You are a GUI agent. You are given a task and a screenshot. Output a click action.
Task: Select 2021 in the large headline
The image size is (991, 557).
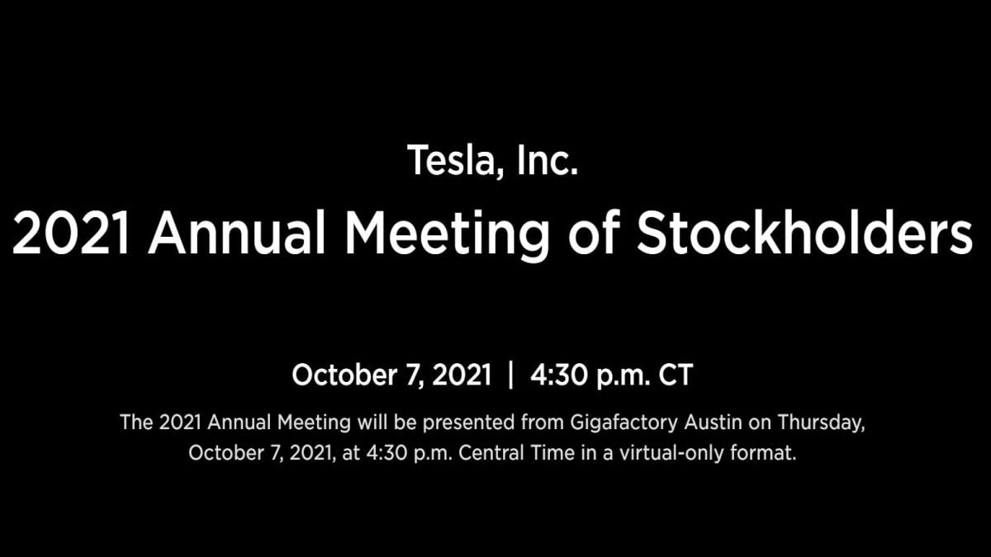[x=71, y=233]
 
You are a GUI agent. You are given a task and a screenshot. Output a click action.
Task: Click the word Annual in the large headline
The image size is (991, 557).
[x=237, y=233]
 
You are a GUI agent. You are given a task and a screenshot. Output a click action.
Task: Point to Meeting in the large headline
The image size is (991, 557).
[x=447, y=236]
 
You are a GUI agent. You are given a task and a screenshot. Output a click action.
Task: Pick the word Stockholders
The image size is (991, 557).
[x=804, y=232]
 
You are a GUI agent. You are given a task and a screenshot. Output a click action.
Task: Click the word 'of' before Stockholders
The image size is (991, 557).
[x=594, y=232]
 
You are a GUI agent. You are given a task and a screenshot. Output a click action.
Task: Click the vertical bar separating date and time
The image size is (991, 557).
[x=511, y=375]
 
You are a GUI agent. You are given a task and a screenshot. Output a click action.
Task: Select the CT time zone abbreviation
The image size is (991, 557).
[x=676, y=375]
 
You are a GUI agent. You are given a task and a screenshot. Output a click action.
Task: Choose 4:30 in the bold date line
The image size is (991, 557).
[x=558, y=375]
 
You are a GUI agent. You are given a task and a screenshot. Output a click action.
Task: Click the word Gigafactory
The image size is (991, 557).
[x=624, y=423]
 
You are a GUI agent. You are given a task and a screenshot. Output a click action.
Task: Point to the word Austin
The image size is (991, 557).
[x=714, y=422]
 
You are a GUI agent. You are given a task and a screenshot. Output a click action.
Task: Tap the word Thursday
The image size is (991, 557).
[x=821, y=423]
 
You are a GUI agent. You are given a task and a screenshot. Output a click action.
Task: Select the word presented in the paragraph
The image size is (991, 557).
[x=468, y=423]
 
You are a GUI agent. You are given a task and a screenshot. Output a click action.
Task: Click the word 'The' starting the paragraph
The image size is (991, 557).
[x=136, y=422]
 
